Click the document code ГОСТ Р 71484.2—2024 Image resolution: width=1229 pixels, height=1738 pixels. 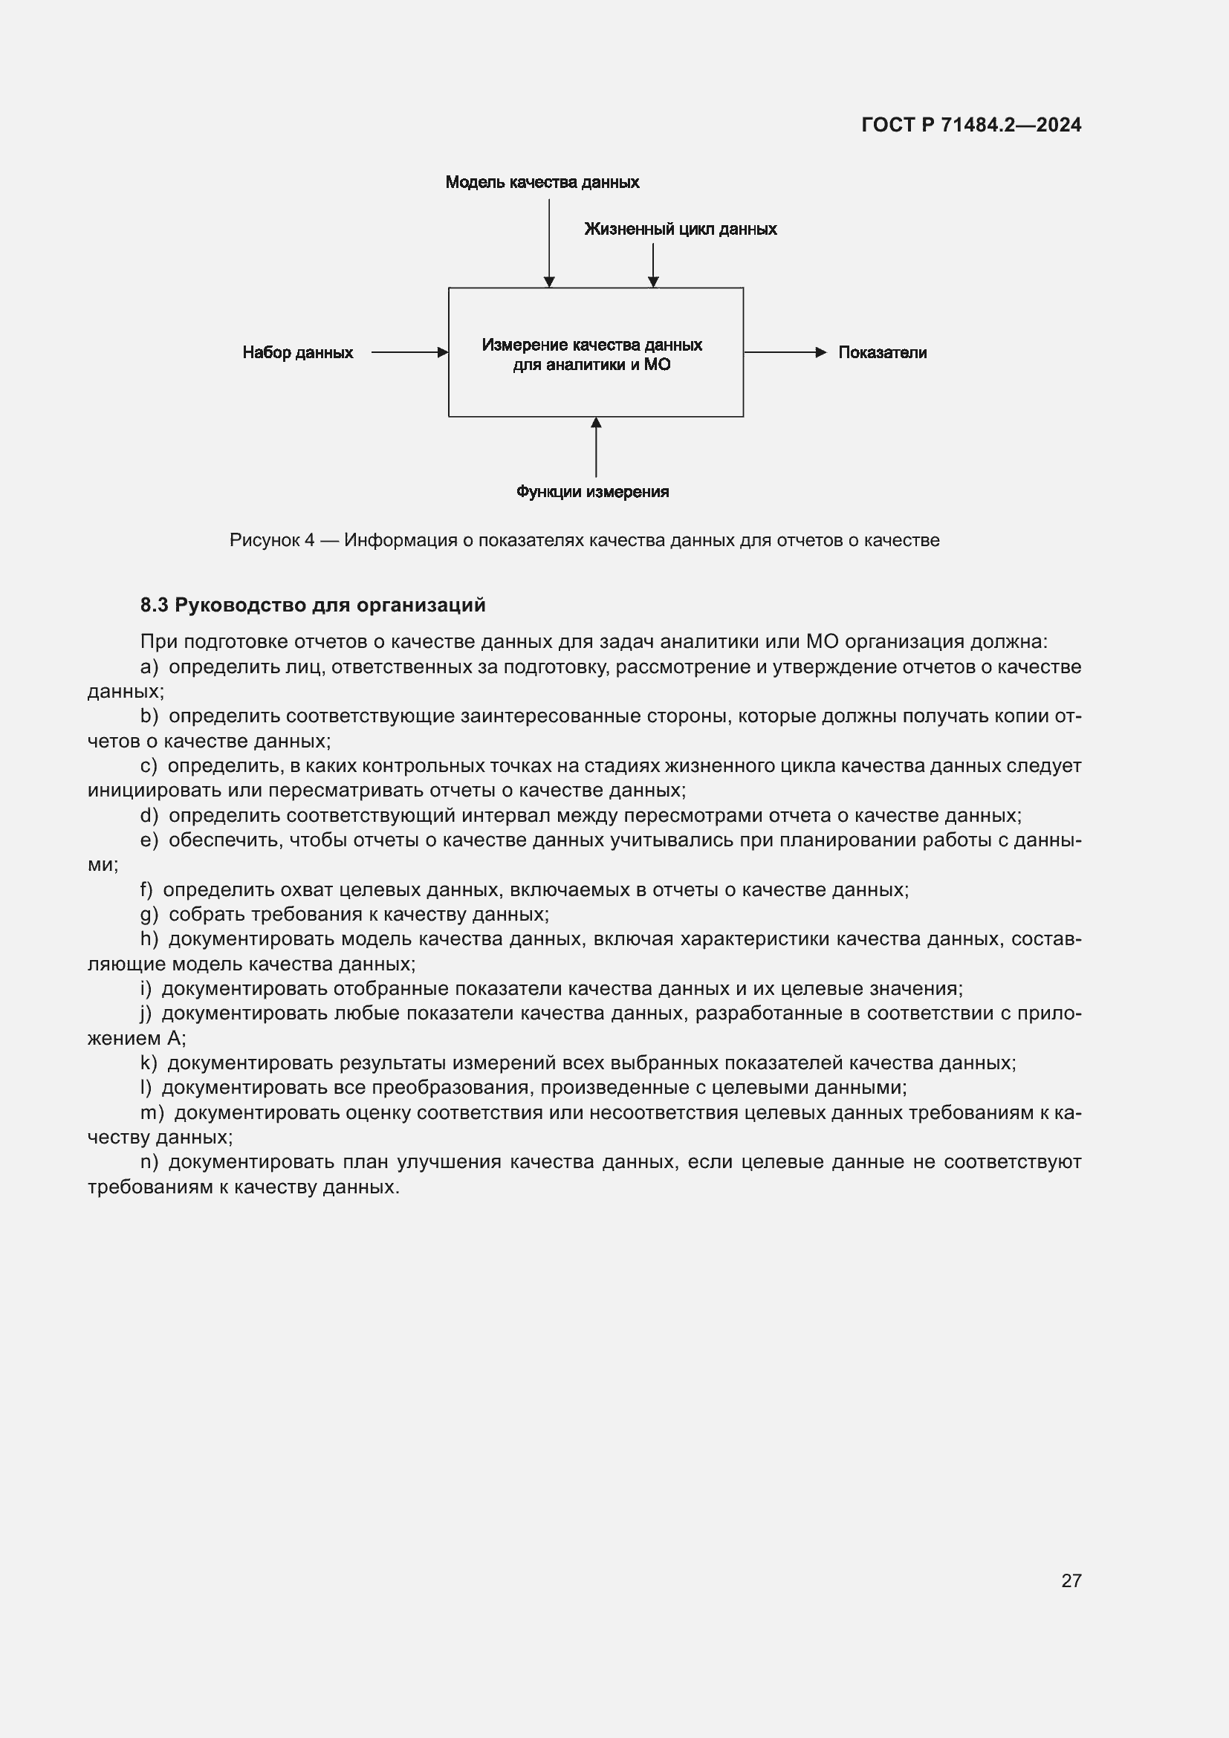click(x=971, y=125)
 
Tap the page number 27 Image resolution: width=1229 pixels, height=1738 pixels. click(x=1071, y=1580)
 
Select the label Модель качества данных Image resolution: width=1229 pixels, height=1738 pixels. click(x=542, y=183)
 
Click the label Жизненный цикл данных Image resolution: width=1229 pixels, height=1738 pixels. click(x=680, y=230)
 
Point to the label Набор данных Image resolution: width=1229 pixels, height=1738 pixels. click(x=297, y=353)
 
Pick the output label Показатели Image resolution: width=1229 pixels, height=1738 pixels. click(x=882, y=353)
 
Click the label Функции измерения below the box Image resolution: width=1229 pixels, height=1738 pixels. click(x=591, y=492)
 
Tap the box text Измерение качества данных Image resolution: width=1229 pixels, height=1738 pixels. click(x=591, y=346)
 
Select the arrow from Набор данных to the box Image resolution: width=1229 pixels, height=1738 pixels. click(x=409, y=352)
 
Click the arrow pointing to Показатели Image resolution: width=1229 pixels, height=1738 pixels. click(x=784, y=352)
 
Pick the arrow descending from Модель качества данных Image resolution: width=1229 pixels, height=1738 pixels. click(x=548, y=242)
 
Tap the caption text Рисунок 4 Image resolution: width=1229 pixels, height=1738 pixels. click(x=272, y=540)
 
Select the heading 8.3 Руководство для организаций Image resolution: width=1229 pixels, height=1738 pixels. click(x=313, y=605)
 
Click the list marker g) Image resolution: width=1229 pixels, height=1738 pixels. click(x=149, y=915)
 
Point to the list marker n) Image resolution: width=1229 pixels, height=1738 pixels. click(x=149, y=1162)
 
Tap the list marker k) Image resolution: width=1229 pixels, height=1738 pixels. click(x=149, y=1063)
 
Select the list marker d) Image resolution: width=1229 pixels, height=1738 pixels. click(x=149, y=815)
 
